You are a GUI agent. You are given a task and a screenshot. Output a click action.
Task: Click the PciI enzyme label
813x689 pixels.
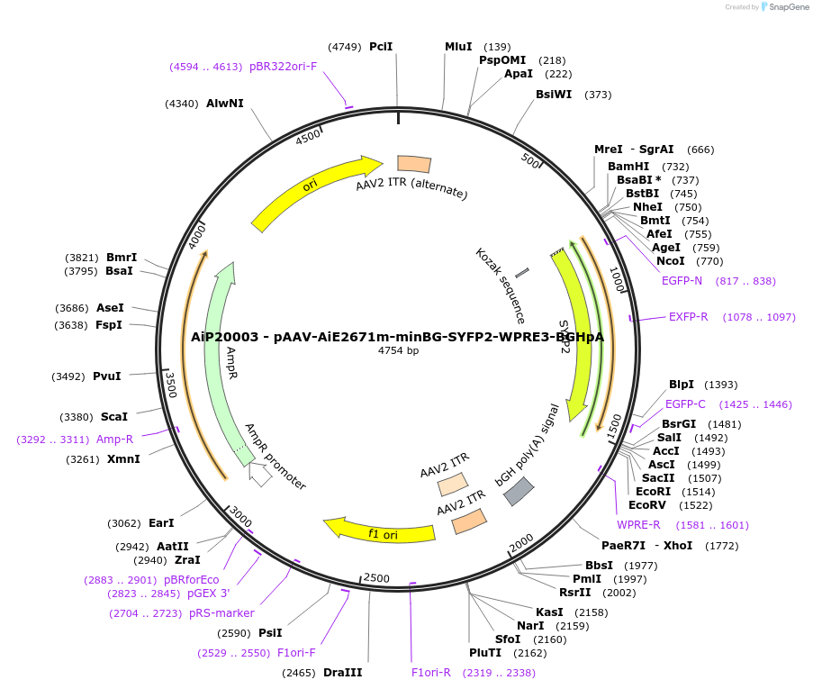pyautogui.click(x=381, y=46)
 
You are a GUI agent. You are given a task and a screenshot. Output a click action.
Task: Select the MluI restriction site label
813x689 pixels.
pyautogui.click(x=458, y=46)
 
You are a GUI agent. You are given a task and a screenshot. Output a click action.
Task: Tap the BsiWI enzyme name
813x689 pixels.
pyautogui.click(x=554, y=94)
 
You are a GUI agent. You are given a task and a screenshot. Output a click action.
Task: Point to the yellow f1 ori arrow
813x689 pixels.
pyautogui.click(x=378, y=531)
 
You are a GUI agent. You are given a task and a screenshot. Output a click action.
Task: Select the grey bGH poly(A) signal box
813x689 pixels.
pyautogui.click(x=519, y=491)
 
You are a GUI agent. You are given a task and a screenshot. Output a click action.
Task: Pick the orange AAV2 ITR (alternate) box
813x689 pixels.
pyautogui.click(x=414, y=164)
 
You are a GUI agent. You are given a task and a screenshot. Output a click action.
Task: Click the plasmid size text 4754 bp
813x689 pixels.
pyautogui.click(x=398, y=350)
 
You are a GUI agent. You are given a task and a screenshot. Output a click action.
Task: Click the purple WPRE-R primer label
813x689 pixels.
pyautogui.click(x=638, y=525)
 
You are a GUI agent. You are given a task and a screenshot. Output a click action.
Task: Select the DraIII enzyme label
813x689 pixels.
pyautogui.click(x=342, y=673)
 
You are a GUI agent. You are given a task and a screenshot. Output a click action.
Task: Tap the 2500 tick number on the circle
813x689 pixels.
pyautogui.click(x=376, y=577)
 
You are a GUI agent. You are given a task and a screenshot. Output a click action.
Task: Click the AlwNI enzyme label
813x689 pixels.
pyautogui.click(x=225, y=104)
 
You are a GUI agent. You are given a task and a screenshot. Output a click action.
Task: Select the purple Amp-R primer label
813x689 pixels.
pyautogui.click(x=115, y=440)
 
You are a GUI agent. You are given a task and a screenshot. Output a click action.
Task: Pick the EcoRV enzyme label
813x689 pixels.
pyautogui.click(x=648, y=504)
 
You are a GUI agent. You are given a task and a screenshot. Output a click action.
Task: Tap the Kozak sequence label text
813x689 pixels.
pyautogui.click(x=501, y=285)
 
